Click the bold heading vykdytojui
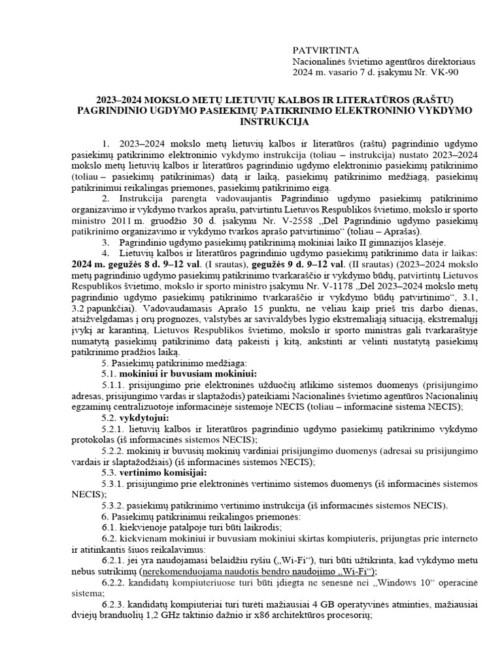(x=150, y=417)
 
